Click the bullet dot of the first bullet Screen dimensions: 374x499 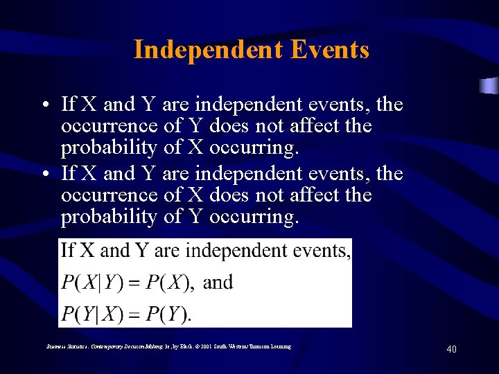(x=43, y=106)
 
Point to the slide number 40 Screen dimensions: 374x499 (x=451, y=350)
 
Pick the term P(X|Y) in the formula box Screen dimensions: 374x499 (x=91, y=283)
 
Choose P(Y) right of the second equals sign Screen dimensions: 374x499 (x=166, y=314)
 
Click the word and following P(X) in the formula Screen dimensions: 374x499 (x=218, y=282)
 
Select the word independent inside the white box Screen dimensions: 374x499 (x=231, y=251)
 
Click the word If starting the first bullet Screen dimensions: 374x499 (x=69, y=105)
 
